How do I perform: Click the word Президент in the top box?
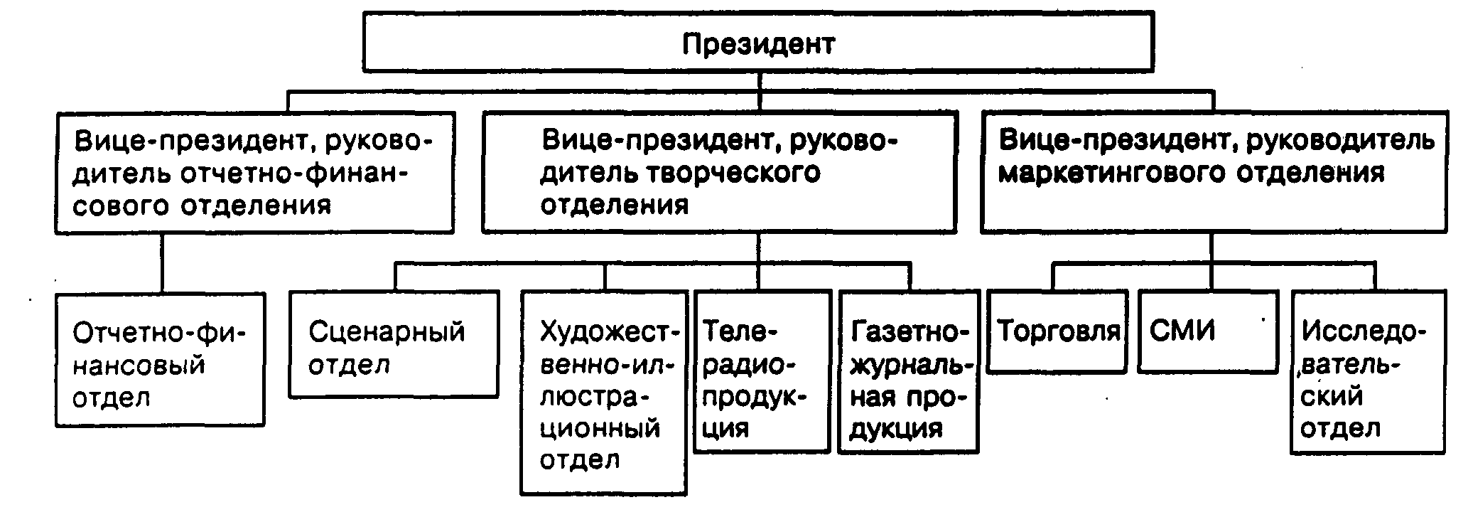tap(758, 44)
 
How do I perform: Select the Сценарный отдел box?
tap(393, 343)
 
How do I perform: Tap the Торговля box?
tap(1057, 331)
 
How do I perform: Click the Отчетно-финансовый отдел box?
tap(160, 360)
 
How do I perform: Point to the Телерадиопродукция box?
tap(762, 372)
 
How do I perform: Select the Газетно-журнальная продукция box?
tap(908, 372)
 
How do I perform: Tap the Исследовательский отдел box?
tap(1367, 372)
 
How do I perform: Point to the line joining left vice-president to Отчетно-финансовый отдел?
tap(163, 263)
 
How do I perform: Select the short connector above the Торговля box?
tap(1053, 277)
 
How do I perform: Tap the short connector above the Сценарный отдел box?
tap(396, 277)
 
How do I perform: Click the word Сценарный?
tap(387, 331)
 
